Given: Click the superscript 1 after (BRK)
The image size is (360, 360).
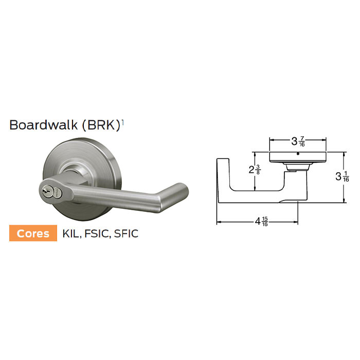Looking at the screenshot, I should [x=122, y=122].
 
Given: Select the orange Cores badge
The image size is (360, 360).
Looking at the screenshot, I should [x=33, y=233].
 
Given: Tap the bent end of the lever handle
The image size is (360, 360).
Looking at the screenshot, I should [x=177, y=192].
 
